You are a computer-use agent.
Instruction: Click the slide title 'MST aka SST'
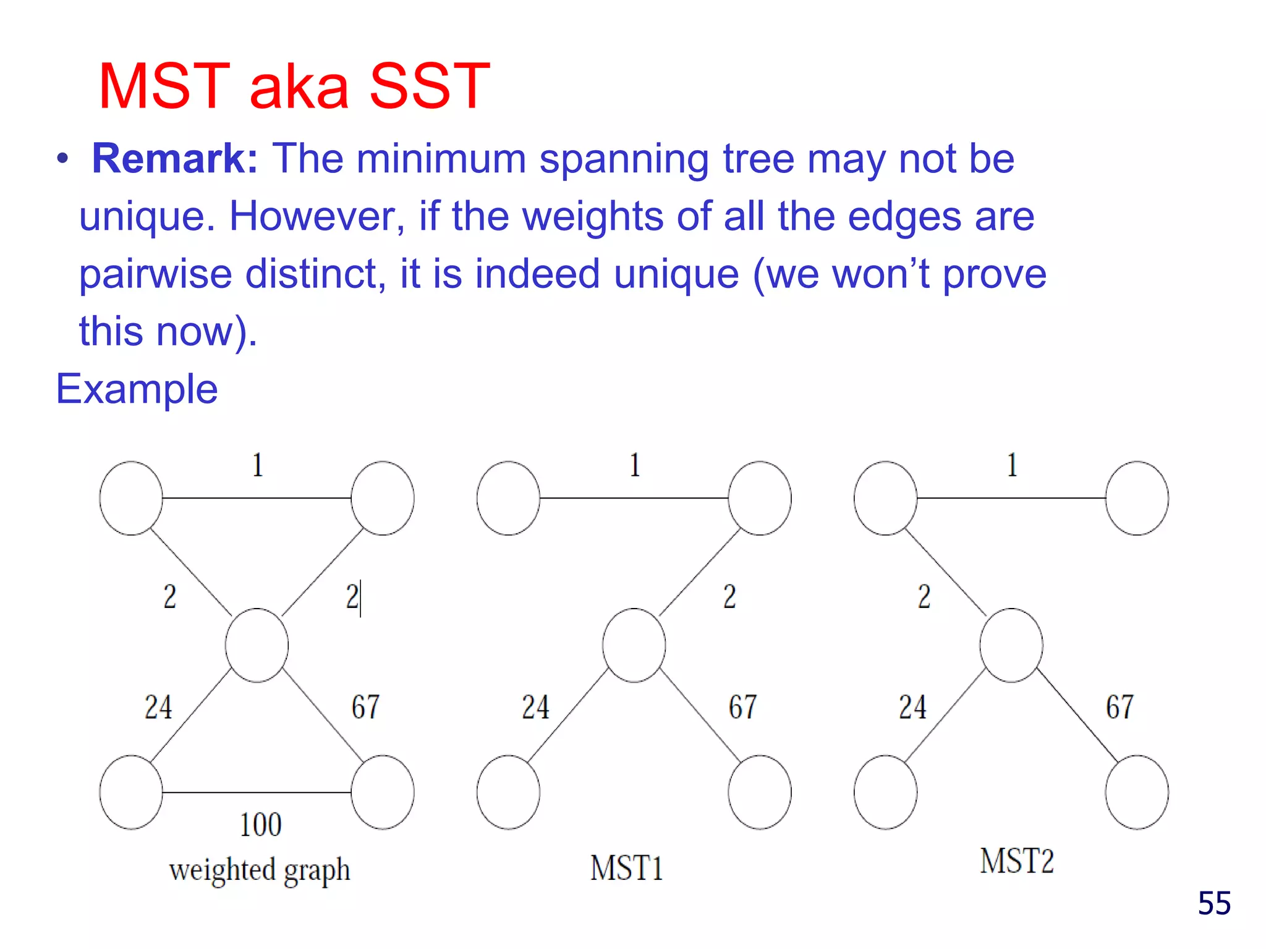click(294, 86)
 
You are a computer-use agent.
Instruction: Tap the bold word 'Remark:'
click(175, 159)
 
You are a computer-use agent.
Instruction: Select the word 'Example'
click(137, 389)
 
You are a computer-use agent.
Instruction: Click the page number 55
click(1214, 903)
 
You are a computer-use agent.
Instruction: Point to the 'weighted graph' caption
click(260, 870)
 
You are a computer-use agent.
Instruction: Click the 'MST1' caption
click(626, 868)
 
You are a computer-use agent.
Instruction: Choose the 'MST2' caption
click(1017, 861)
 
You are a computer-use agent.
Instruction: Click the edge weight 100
click(260, 825)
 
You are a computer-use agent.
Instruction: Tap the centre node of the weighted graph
click(257, 645)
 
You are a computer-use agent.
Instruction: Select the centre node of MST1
click(634, 645)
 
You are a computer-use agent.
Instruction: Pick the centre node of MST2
click(1011, 645)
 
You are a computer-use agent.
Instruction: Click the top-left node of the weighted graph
click(131, 498)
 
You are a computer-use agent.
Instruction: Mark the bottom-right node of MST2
click(1137, 792)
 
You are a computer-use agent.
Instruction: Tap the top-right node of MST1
click(760, 498)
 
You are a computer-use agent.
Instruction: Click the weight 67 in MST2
click(1119, 707)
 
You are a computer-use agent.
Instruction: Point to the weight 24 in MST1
click(535, 707)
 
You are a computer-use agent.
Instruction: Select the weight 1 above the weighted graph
click(258, 465)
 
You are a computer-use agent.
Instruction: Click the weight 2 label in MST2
click(924, 597)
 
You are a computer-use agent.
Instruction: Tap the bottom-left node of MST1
click(508, 792)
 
